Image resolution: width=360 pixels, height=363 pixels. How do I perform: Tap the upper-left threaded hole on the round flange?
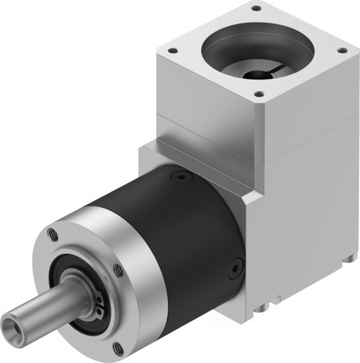[53, 236]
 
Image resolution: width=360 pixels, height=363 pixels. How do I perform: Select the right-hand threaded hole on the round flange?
[119, 271]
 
